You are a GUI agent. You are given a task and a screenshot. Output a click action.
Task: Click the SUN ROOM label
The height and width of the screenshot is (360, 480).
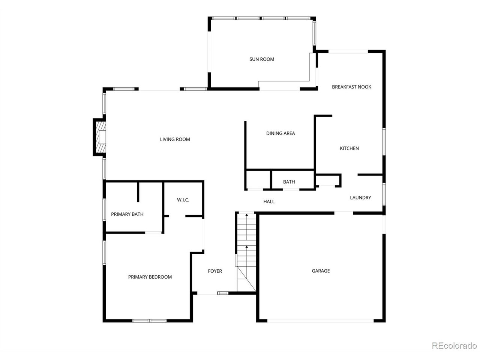pyautogui.click(x=261, y=59)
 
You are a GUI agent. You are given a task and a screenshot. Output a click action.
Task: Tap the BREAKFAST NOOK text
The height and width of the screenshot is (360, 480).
pyautogui.click(x=351, y=87)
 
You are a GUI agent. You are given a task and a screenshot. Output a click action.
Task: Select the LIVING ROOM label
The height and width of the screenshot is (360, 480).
pyautogui.click(x=175, y=139)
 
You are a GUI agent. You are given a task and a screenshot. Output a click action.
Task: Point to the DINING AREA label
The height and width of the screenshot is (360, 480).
pyautogui.click(x=280, y=133)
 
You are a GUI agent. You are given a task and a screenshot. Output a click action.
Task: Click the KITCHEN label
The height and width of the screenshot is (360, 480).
pyautogui.click(x=349, y=148)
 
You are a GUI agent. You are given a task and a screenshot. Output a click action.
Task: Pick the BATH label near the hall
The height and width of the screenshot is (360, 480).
pyautogui.click(x=289, y=182)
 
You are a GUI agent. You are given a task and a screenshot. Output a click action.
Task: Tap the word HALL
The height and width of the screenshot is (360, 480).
pyautogui.click(x=269, y=201)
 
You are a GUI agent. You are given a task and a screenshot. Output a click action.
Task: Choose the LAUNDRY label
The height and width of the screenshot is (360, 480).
pyautogui.click(x=360, y=198)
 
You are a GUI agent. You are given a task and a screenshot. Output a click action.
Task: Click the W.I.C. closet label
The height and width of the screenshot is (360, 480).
pyautogui.click(x=183, y=200)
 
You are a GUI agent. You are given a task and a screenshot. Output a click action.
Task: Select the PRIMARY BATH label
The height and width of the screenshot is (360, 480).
pyautogui.click(x=127, y=214)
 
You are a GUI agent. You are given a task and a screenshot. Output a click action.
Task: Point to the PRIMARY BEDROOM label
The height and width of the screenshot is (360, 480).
pyautogui.click(x=150, y=277)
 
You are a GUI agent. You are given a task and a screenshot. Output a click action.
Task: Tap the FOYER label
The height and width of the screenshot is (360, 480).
pyautogui.click(x=215, y=271)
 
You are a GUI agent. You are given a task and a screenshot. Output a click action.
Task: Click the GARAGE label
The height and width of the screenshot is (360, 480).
pyautogui.click(x=321, y=271)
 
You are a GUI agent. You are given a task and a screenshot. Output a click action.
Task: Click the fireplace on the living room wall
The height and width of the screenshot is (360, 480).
pyautogui.click(x=100, y=137)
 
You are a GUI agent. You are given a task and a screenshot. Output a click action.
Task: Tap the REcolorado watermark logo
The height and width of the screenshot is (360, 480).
pyautogui.click(x=454, y=346)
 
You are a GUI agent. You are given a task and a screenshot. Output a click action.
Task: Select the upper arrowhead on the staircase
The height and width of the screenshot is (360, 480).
pyautogui.click(x=247, y=215)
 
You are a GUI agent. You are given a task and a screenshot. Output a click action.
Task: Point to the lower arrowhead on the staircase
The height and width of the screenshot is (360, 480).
pyautogui.click(x=247, y=247)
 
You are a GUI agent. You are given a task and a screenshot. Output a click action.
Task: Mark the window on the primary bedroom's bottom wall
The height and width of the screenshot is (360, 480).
pyautogui.click(x=149, y=321)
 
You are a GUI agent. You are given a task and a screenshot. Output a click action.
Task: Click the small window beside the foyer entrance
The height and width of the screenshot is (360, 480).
pyautogui.click(x=223, y=293)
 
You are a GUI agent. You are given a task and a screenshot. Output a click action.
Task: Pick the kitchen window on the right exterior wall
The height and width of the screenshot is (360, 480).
pyautogui.click(x=384, y=142)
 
